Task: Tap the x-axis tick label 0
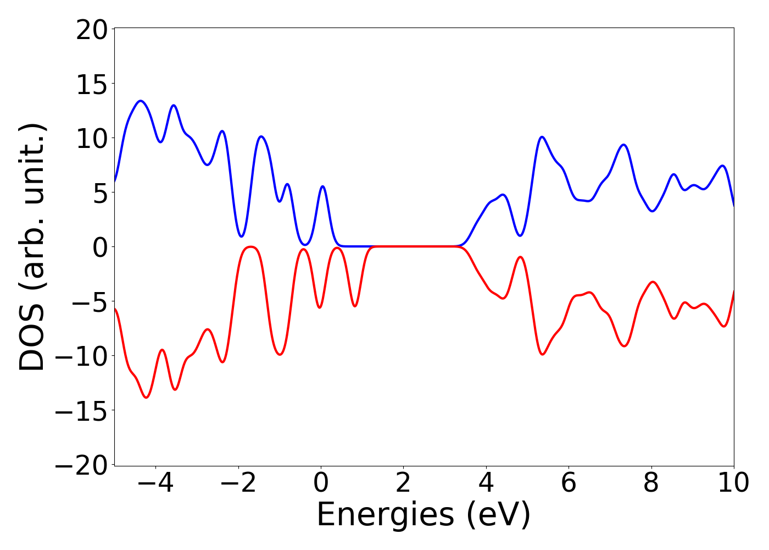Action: pyautogui.click(x=321, y=483)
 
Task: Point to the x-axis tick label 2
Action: pyautogui.click(x=403, y=483)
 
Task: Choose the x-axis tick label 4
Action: pyautogui.click(x=486, y=483)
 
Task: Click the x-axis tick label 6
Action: pyautogui.click(x=569, y=483)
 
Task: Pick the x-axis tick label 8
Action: pyautogui.click(x=651, y=483)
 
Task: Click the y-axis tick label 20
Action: pyautogui.click(x=92, y=30)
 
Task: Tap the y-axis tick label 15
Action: pyautogui.click(x=92, y=84)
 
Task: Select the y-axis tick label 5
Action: pyautogui.click(x=99, y=193)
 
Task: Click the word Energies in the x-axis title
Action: pyautogui.click(x=385, y=515)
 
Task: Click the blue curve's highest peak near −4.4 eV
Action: pyautogui.click(x=141, y=101)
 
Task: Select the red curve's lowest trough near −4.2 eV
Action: pyautogui.click(x=146, y=397)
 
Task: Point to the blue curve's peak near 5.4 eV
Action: pyautogui.click(x=542, y=136)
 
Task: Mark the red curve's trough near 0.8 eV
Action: pyautogui.click(x=355, y=306)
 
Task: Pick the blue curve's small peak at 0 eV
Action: pyautogui.click(x=322, y=186)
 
